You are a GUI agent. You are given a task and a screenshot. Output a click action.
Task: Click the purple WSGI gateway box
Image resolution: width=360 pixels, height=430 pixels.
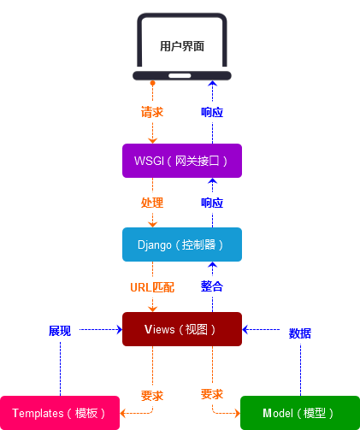(182, 161)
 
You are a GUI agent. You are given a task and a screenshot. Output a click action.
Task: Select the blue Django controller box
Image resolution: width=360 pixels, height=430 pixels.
(182, 244)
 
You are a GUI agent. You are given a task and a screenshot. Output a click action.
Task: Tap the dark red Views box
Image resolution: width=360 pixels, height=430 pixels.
(182, 329)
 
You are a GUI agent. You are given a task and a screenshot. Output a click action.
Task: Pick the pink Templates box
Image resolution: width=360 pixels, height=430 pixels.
(60, 413)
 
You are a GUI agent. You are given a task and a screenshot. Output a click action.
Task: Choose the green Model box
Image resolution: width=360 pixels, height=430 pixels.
(300, 413)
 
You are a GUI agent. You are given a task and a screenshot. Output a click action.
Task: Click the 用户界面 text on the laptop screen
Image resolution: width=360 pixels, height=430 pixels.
(182, 46)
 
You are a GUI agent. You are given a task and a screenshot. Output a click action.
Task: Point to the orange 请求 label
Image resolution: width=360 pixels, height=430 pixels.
(152, 112)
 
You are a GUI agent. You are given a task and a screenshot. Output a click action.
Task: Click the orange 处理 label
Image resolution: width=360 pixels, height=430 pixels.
(152, 203)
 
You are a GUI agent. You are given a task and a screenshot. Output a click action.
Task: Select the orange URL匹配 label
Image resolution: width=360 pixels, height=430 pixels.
(152, 287)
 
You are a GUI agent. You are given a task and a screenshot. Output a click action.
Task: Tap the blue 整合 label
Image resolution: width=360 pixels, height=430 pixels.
(212, 286)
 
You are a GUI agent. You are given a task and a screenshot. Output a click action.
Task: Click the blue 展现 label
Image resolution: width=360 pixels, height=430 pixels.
(60, 331)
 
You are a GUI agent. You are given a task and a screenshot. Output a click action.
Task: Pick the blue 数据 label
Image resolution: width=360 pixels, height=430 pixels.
(300, 333)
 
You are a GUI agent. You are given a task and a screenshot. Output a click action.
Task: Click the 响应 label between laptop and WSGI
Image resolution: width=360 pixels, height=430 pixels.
(212, 112)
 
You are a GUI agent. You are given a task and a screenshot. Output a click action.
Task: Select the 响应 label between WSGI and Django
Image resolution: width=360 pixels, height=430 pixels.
(212, 203)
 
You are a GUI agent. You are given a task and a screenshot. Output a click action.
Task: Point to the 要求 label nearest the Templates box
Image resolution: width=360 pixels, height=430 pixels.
(152, 396)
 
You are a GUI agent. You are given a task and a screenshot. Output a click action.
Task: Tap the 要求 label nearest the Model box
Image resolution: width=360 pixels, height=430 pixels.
(212, 394)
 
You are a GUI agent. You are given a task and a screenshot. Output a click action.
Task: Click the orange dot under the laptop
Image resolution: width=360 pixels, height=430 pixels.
(152, 83)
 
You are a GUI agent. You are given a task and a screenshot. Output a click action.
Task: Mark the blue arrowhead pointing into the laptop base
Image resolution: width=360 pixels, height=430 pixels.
(212, 83)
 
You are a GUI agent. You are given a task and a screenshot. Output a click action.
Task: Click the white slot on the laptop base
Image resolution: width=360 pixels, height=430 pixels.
(180, 76)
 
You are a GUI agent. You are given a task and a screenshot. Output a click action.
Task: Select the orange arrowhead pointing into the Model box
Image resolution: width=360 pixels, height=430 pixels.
(237, 413)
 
